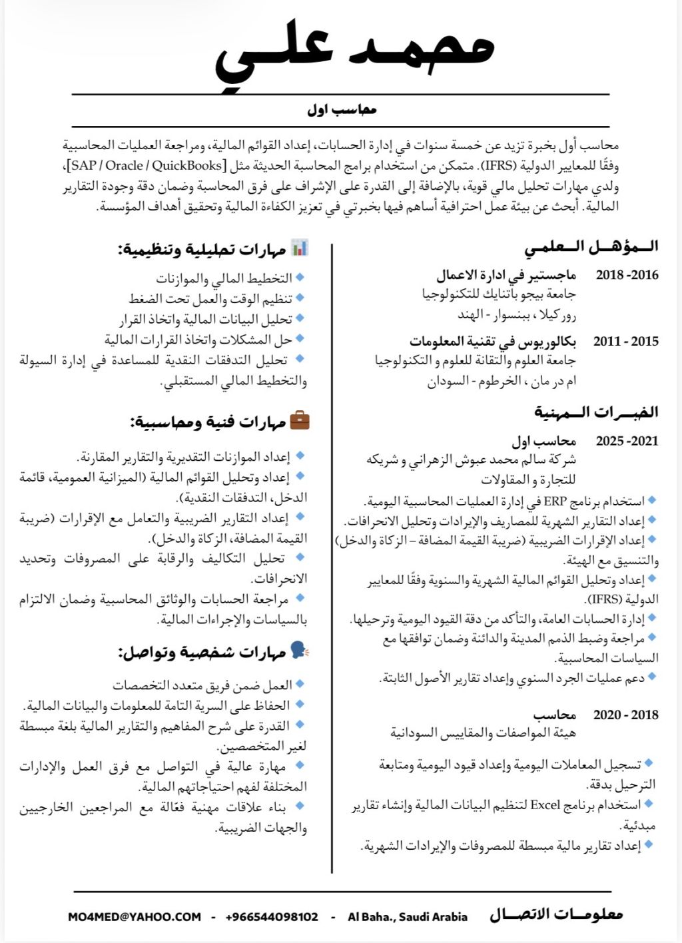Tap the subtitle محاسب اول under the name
click(x=342, y=109)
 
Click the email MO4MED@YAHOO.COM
click(x=135, y=916)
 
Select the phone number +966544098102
click(x=272, y=916)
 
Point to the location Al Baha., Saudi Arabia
click(x=408, y=916)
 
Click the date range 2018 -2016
click(x=627, y=274)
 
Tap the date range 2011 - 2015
click(x=625, y=341)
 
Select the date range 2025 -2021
click(x=627, y=440)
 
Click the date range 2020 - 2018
click(x=625, y=715)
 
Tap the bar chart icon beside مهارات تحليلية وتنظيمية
click(x=300, y=248)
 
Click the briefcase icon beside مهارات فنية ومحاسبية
click(x=300, y=420)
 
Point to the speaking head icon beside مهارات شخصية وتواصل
click(x=299, y=651)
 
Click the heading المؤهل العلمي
click(x=591, y=247)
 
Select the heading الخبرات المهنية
click(x=595, y=412)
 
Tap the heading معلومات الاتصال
click(x=556, y=914)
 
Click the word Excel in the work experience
click(x=545, y=804)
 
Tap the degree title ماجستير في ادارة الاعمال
click(x=506, y=274)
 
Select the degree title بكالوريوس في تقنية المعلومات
click(x=492, y=341)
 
